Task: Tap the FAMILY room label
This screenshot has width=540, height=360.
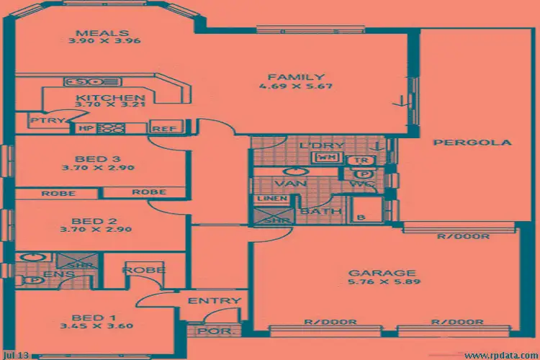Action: click(x=297, y=77)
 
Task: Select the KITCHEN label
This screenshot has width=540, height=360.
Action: click(x=111, y=99)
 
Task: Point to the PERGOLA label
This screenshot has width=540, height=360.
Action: click(x=472, y=143)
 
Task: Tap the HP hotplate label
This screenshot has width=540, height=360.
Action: click(x=86, y=129)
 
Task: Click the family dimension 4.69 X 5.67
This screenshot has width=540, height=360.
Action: click(x=297, y=87)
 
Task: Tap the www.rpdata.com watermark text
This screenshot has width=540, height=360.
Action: click(x=500, y=355)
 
